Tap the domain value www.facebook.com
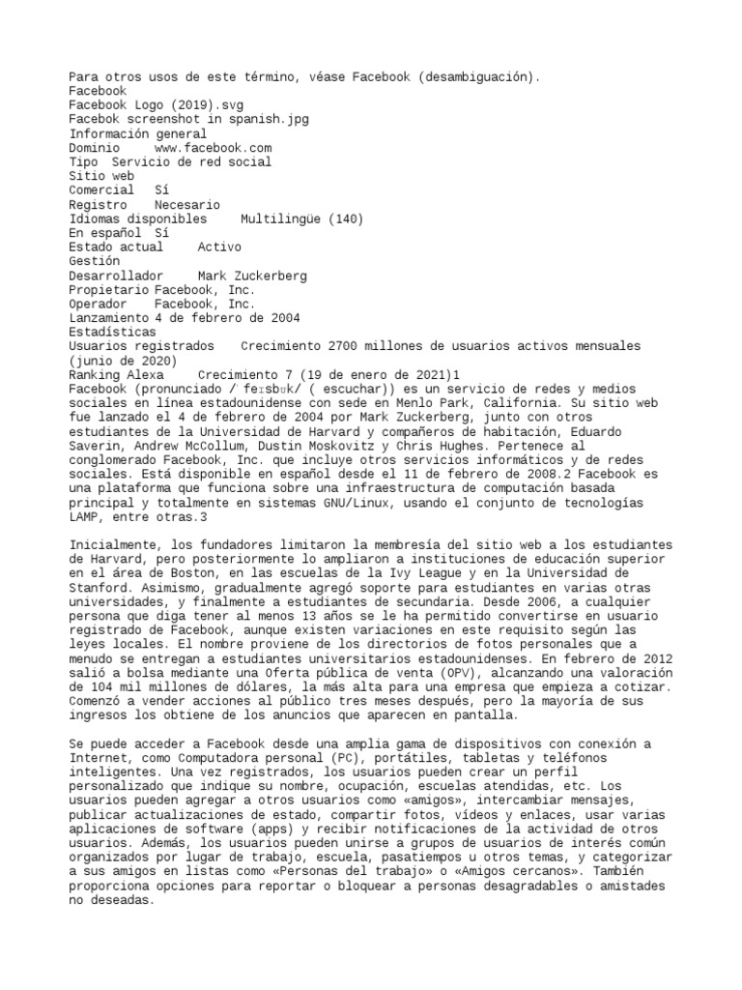coord(213,148)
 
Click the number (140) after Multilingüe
coord(347,219)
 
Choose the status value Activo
coord(219,247)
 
